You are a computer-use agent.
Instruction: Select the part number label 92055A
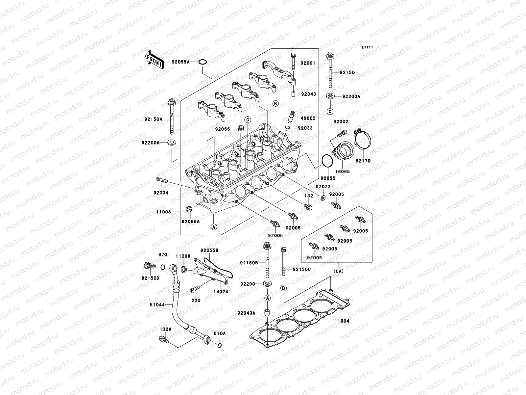coord(189,62)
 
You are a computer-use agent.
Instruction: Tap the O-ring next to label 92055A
coord(203,62)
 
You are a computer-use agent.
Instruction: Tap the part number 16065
coord(343,171)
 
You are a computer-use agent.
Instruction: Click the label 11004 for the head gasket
coord(342,321)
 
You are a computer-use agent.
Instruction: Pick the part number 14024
coord(221,292)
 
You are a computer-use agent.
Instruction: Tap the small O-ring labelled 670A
coord(220,346)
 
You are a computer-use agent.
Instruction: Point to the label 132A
coord(166,329)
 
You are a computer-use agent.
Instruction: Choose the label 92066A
coord(190,222)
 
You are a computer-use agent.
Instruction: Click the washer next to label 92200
coord(267,284)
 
